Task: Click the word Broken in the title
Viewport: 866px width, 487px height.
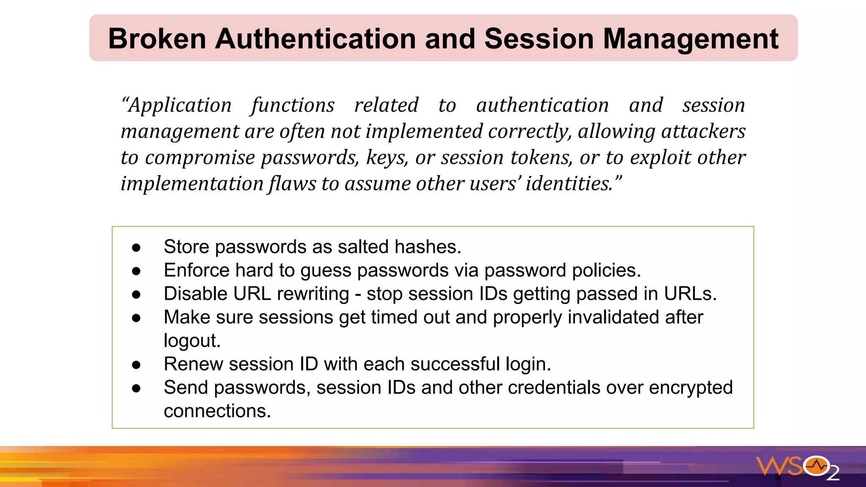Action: pos(157,39)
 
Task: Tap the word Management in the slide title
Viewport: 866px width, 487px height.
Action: pos(691,39)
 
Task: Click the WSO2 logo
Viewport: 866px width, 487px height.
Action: pos(797,468)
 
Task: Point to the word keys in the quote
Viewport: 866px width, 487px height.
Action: pos(387,158)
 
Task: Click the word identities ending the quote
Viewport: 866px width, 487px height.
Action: pos(570,184)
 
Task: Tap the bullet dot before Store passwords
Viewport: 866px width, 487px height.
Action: pos(136,247)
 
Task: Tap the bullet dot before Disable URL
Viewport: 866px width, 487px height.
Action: pos(136,294)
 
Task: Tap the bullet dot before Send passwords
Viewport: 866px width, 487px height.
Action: pos(136,388)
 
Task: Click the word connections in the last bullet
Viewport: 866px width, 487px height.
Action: pos(217,411)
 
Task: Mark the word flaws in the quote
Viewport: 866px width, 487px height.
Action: pos(292,184)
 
